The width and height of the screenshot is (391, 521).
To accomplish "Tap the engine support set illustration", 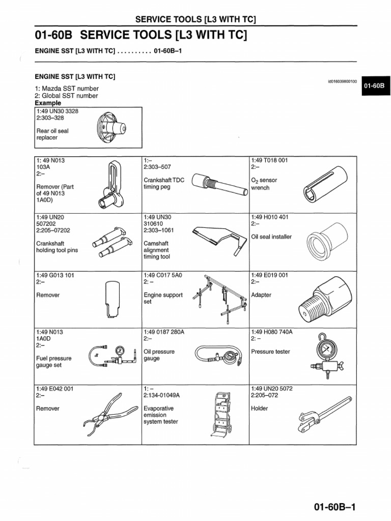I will [221, 298].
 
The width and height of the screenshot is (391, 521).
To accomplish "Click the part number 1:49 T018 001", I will [269, 160].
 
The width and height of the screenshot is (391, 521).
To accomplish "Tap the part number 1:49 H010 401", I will [270, 217].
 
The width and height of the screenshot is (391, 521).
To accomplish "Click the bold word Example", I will [47, 103].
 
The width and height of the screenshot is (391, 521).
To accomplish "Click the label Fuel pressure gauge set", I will [54, 362].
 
